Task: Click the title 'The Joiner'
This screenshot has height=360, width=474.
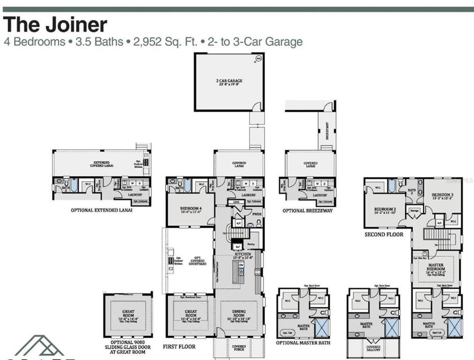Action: pyautogui.click(x=55, y=24)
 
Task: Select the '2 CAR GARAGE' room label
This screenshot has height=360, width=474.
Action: pyautogui.click(x=229, y=81)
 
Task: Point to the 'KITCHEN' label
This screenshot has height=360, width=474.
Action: pyautogui.click(x=243, y=254)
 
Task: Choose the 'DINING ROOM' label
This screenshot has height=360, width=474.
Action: pyautogui.click(x=239, y=313)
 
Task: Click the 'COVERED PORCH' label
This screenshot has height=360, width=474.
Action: pyautogui.click(x=239, y=348)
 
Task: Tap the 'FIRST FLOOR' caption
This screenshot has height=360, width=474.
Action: pyautogui.click(x=179, y=347)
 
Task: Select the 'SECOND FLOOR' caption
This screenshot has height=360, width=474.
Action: pyautogui.click(x=384, y=234)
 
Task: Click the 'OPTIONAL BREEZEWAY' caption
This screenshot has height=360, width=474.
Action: pyautogui.click(x=307, y=211)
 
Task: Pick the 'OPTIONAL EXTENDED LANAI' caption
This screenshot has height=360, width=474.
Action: pyautogui.click(x=101, y=210)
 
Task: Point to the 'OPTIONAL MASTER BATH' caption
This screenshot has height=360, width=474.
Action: pyautogui.click(x=303, y=343)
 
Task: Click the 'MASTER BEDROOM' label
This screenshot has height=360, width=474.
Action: pyautogui.click(x=435, y=267)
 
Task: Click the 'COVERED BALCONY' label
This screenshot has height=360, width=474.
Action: pyautogui.click(x=373, y=348)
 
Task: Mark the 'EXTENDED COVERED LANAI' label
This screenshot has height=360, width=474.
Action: pyautogui.click(x=101, y=164)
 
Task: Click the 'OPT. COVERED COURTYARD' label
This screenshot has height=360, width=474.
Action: pyautogui.click(x=197, y=260)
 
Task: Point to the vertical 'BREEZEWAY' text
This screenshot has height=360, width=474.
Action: pyautogui.click(x=327, y=131)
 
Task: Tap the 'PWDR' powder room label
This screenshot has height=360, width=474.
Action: pyautogui.click(x=257, y=214)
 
